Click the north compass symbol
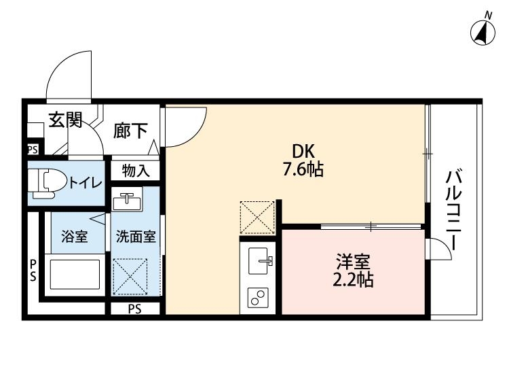(x=483, y=31)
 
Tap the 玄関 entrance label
(x=65, y=121)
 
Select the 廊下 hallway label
(x=130, y=131)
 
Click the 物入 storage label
(x=136, y=170)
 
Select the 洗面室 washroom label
(x=136, y=237)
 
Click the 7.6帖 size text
(x=303, y=170)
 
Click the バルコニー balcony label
(x=453, y=211)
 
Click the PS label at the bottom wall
(x=135, y=309)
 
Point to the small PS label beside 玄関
(x=33, y=150)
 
